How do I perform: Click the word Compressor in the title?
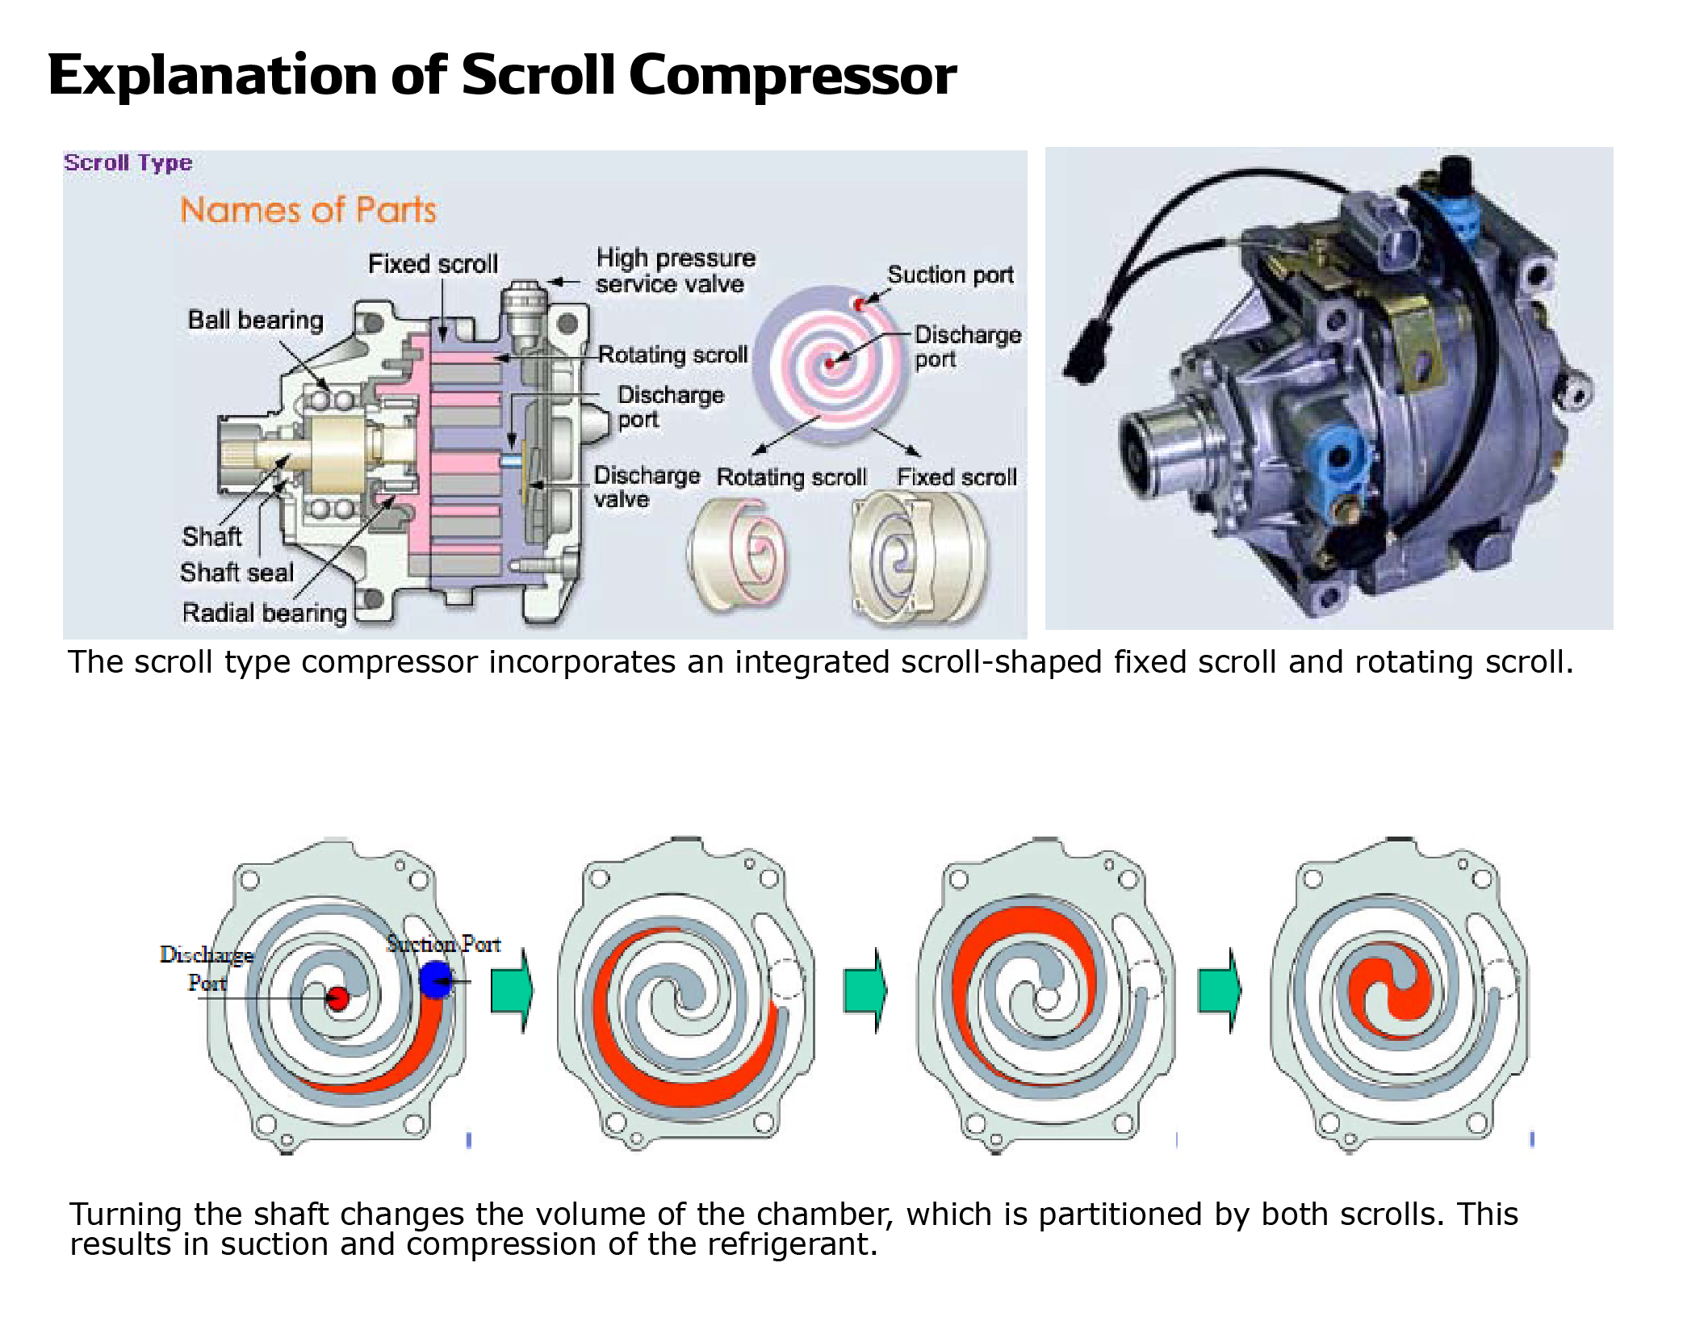tap(791, 75)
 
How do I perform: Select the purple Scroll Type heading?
tap(128, 162)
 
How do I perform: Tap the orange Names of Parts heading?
tap(308, 210)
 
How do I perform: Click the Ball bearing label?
tap(255, 320)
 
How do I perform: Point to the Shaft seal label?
tap(237, 573)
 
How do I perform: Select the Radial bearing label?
tap(264, 613)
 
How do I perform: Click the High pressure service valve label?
tap(675, 271)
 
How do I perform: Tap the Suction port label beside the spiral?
tap(950, 275)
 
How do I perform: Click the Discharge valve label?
tap(646, 487)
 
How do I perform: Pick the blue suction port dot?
tap(436, 979)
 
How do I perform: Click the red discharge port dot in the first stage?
tap(337, 999)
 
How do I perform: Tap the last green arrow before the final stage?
tap(1219, 990)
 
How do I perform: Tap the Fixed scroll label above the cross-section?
tap(433, 264)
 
